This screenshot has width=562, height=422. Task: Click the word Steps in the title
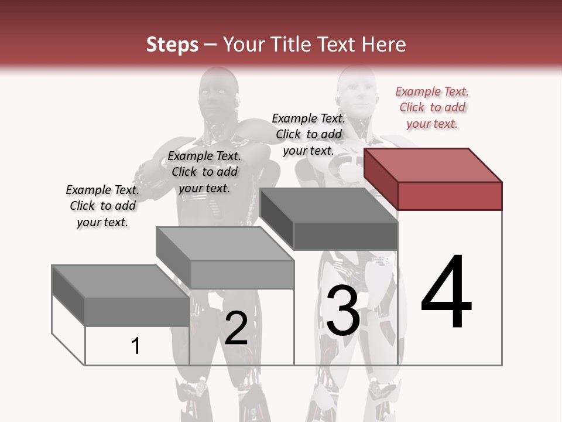(x=172, y=45)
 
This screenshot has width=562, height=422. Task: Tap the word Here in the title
(x=383, y=45)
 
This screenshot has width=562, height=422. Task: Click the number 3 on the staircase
(x=342, y=311)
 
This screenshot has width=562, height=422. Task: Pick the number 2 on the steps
(x=236, y=328)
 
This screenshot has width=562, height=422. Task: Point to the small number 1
(x=136, y=346)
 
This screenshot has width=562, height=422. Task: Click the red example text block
(x=432, y=108)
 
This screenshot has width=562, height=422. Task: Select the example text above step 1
(x=102, y=206)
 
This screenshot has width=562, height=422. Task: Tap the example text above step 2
(x=204, y=172)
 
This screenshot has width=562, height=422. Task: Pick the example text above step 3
(x=309, y=134)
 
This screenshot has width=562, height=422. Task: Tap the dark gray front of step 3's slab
(x=345, y=236)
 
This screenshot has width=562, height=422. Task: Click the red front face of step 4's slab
(x=450, y=196)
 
